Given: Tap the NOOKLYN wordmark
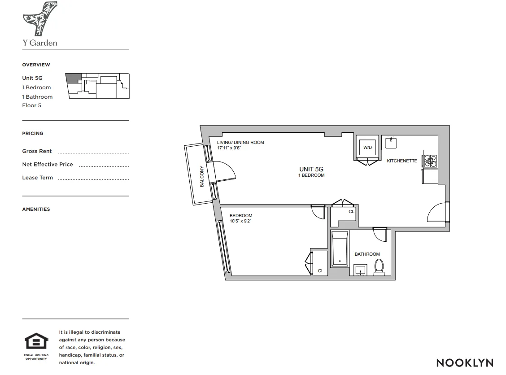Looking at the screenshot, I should tap(464, 362).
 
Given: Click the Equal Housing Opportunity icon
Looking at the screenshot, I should tap(36, 342).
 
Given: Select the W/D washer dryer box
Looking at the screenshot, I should tap(367, 147).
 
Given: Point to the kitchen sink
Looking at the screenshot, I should tap(391, 143).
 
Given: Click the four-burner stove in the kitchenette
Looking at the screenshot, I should tap(430, 161).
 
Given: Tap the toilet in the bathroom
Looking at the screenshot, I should tap(379, 266).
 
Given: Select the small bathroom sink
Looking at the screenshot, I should tap(360, 270).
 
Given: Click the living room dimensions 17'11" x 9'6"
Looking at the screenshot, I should tap(229, 148).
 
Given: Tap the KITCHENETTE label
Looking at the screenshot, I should tap(402, 161).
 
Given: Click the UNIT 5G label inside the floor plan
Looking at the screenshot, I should tap(311, 169).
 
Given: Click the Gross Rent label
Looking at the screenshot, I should tap(37, 151).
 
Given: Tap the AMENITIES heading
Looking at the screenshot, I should tap(36, 209).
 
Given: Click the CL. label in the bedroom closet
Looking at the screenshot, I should tap(321, 271).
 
